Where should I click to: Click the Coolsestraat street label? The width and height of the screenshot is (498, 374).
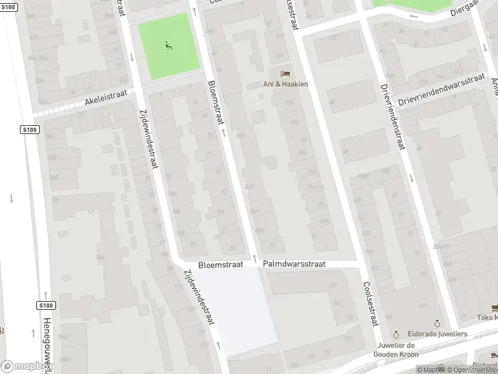[370, 302]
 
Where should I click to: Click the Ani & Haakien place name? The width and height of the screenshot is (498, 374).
[285, 84]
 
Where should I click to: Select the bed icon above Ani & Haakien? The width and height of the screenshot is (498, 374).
[285, 74]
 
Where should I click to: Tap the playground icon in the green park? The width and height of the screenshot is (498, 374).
[168, 45]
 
